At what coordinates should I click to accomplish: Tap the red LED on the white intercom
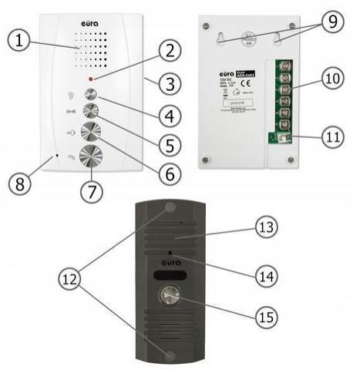click(x=92, y=79)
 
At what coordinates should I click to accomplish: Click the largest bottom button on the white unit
click(x=92, y=153)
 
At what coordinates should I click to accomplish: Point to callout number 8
click(x=21, y=184)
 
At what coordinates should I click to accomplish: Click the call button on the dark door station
click(x=169, y=297)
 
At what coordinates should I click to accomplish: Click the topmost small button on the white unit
click(x=91, y=94)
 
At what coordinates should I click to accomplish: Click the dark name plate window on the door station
click(x=169, y=276)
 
